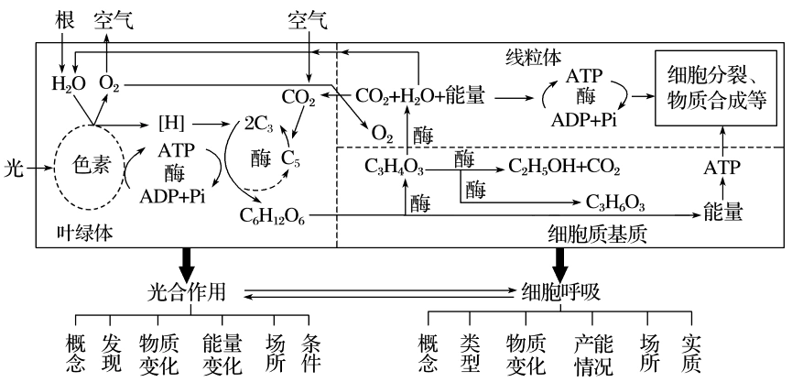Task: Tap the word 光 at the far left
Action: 11,168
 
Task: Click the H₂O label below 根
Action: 66,85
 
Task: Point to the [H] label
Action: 171,122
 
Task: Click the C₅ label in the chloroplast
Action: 290,158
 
